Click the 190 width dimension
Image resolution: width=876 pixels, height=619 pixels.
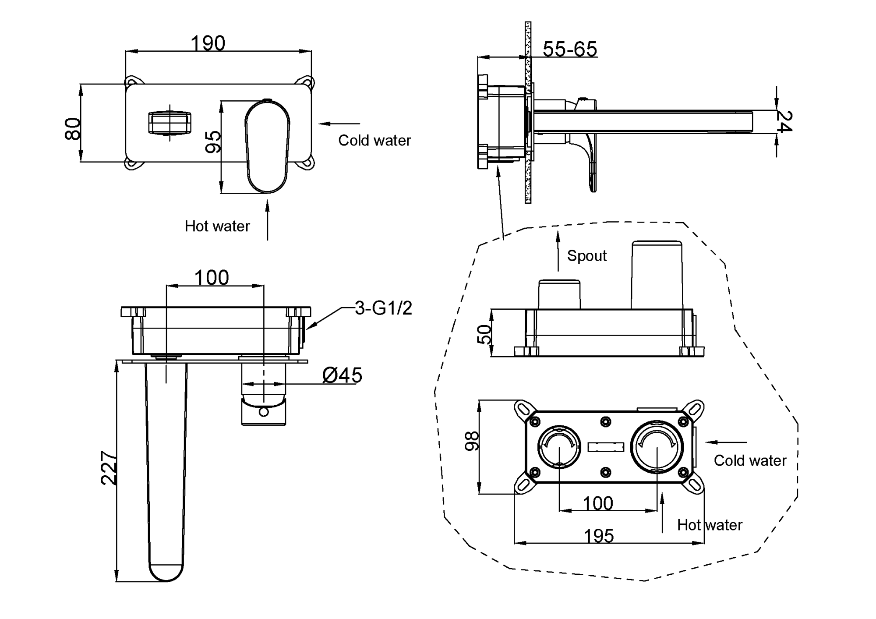(208, 43)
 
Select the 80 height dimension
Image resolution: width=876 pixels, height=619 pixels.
(73, 128)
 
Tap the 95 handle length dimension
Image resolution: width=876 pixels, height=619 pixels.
(213, 141)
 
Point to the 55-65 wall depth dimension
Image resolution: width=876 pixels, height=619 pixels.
(569, 49)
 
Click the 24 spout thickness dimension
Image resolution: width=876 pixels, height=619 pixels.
(784, 121)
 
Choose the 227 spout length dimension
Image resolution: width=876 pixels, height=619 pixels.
(109, 468)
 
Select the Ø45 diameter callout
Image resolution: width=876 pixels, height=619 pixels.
(342, 375)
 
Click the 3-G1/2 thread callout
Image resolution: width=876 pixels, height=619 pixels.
(383, 308)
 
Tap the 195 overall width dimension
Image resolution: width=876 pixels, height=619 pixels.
(599, 536)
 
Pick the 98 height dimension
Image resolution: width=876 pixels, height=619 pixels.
(472, 441)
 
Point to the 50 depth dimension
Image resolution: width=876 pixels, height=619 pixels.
(484, 334)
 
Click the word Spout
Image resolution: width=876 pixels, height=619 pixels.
(586, 256)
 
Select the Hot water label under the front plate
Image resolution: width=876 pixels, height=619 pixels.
(217, 226)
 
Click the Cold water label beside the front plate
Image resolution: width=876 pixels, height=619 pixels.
(374, 141)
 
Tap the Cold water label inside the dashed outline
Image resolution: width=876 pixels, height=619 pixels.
(750, 460)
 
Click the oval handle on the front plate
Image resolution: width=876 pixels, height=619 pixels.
(267, 147)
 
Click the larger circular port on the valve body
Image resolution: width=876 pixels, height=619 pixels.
(657, 447)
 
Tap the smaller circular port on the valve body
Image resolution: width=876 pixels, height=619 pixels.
(559, 447)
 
